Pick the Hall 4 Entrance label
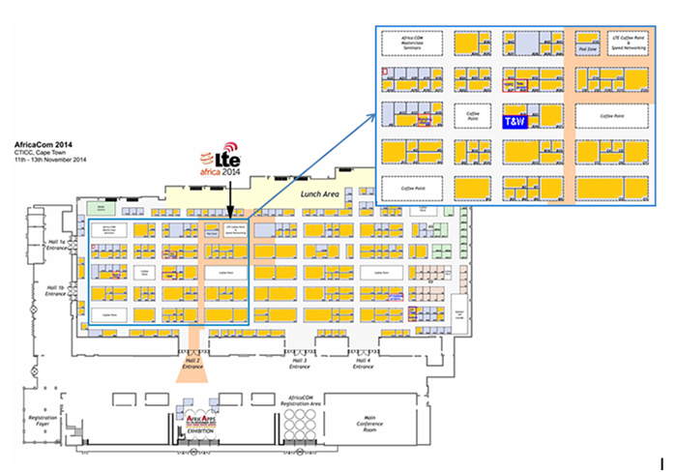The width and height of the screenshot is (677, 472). tap(363, 364)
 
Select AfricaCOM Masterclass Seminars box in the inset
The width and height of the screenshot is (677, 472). tap(413, 44)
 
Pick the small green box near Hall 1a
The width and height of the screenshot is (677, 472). tap(96, 207)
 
